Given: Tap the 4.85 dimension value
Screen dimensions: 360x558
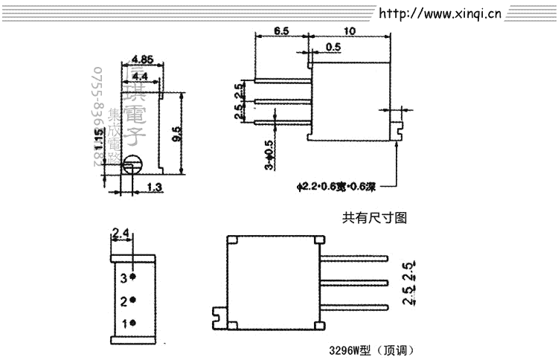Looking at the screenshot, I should pos(142,60).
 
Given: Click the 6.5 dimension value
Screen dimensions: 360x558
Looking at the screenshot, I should pos(281,31).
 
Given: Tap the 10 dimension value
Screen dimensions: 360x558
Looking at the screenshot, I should pos(349,31).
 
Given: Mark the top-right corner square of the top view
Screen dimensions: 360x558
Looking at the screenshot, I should pos(319,240).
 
